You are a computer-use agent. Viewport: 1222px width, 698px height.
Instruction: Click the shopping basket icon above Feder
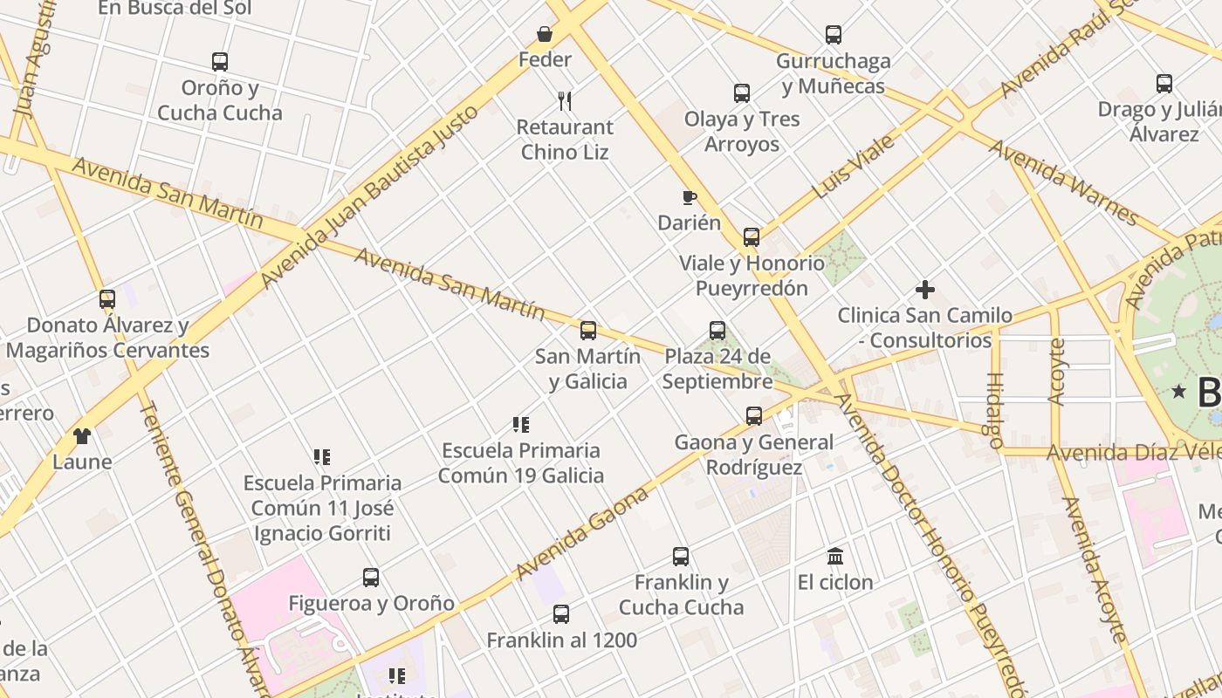(545, 34)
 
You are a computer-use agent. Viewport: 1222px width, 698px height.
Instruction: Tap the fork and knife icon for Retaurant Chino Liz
(565, 101)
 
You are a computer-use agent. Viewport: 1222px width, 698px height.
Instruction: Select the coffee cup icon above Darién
(690, 197)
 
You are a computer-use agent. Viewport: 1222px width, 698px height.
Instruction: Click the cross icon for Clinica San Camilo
(925, 290)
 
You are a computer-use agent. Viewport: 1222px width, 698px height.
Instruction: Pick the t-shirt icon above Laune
(82, 436)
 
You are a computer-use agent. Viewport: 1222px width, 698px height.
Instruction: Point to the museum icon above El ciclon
(835, 556)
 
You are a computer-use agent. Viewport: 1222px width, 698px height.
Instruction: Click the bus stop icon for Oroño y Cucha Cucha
(220, 62)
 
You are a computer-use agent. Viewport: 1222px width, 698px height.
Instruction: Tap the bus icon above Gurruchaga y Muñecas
(834, 35)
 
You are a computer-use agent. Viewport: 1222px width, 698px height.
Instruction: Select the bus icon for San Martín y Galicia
(588, 331)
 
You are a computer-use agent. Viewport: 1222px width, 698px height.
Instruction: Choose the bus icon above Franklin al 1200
(561, 614)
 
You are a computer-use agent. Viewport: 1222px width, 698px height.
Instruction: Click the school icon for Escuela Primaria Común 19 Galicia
(521, 425)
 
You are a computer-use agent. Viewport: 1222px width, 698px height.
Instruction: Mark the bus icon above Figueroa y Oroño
(371, 578)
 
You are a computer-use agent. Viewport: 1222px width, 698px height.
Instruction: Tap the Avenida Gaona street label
(582, 533)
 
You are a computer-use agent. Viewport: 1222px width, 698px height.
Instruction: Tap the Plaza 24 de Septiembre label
(717, 369)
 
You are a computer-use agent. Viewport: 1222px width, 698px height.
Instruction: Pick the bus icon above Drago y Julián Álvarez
(1164, 84)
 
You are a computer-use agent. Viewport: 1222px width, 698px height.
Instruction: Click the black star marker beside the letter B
(1180, 392)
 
